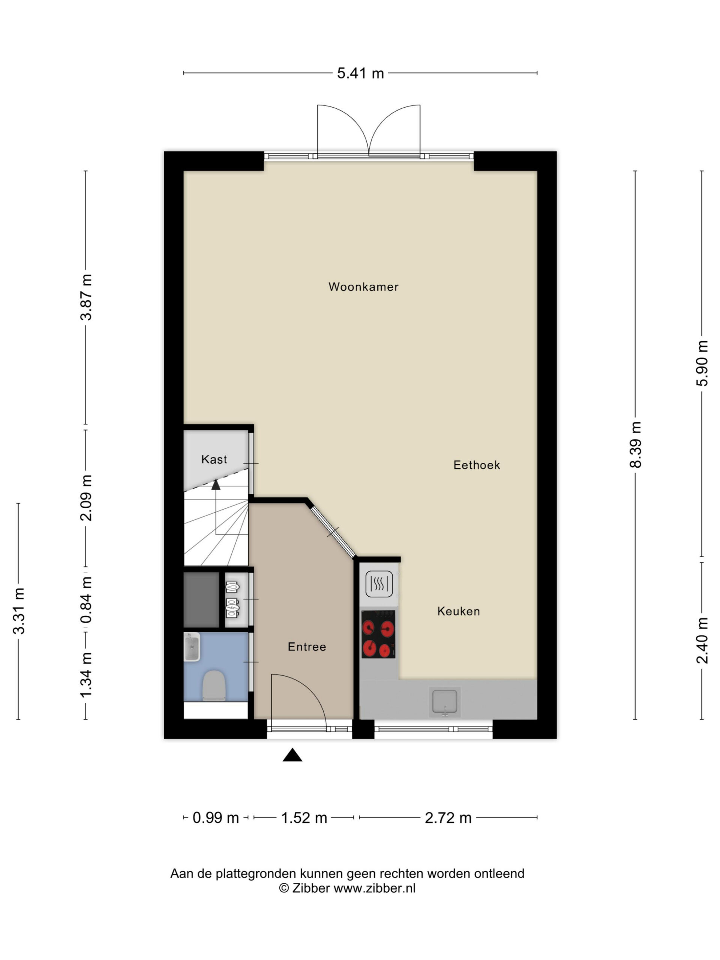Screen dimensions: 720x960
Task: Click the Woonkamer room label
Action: coord(363,287)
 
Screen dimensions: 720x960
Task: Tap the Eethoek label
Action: coord(477,465)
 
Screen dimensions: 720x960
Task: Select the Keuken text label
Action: coord(458,612)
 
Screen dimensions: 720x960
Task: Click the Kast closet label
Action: coord(214,459)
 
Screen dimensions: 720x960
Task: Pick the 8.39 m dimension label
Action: coord(635,444)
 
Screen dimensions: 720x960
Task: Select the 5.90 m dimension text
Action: coord(702,363)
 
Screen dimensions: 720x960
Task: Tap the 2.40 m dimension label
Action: coord(702,640)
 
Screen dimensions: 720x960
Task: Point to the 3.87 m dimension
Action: coord(86,297)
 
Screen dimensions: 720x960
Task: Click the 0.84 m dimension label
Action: coord(86,600)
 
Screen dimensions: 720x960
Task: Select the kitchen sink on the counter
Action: coord(445,702)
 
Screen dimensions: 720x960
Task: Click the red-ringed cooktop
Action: coord(378,634)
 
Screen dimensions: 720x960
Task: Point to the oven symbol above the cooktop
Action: coord(379,584)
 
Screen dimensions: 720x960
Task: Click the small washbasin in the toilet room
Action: coord(192,646)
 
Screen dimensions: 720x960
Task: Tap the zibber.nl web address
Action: coord(374,888)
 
